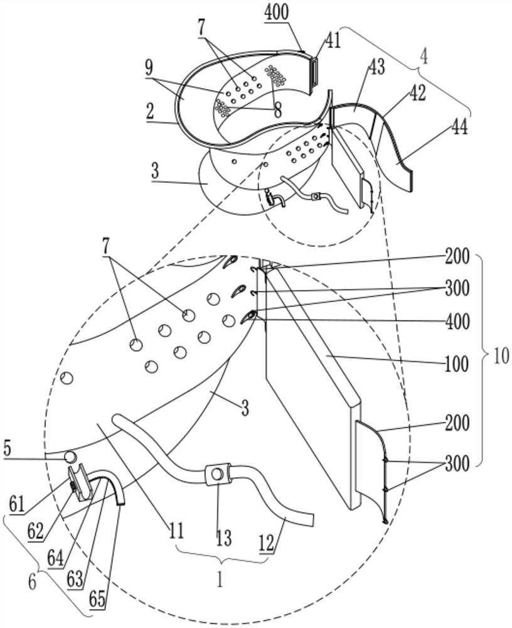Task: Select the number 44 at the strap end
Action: click(461, 128)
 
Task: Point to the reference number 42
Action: click(417, 93)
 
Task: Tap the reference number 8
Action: click(277, 109)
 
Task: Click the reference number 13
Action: click(223, 538)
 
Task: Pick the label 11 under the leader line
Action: click(176, 531)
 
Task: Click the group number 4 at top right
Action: click(424, 57)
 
